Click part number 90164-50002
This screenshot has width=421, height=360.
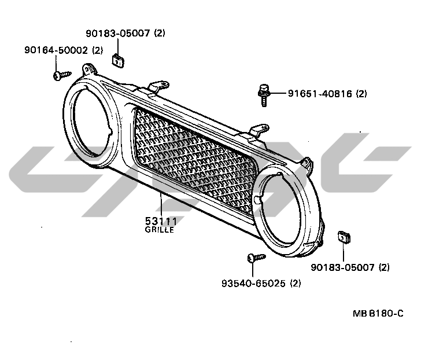coord(56,50)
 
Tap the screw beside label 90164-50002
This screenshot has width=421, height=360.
coord(61,75)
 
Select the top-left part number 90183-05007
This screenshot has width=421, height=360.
coord(119,33)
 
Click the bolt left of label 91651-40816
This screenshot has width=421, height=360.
coord(263,94)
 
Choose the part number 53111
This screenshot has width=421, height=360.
coord(160,221)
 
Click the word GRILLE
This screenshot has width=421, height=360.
coord(159,229)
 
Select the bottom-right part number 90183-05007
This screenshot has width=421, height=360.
coord(344,267)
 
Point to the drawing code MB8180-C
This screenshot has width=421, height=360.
coord(378,313)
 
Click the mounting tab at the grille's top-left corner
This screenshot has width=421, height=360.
coord(88,69)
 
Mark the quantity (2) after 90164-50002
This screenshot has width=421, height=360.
coord(97,50)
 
